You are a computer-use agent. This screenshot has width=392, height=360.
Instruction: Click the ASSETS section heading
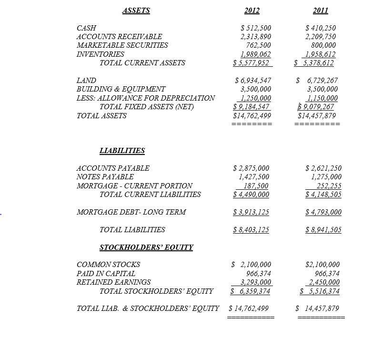[x=136, y=10]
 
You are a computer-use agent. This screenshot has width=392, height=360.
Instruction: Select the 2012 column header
[x=252, y=10]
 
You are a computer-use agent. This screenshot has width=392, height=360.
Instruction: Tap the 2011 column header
[x=320, y=10]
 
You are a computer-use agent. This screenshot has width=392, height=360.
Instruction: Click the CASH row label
[x=86, y=28]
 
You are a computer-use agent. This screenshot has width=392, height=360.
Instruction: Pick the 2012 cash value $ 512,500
[x=253, y=28]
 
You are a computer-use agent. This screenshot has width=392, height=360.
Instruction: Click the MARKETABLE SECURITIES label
[x=122, y=45]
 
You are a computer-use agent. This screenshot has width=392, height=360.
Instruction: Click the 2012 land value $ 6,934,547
[x=253, y=80]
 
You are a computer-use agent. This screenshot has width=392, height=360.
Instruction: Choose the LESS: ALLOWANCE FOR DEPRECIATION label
[x=145, y=98]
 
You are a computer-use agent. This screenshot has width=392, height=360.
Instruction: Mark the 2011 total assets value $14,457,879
[x=317, y=115]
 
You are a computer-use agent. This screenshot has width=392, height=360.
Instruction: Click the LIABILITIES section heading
[x=122, y=151]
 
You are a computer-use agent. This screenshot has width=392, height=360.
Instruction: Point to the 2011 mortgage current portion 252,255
[x=326, y=186]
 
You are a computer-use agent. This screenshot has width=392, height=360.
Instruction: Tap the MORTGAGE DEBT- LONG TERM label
[x=131, y=212]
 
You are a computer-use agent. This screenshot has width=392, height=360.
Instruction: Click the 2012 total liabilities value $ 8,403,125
[x=251, y=230]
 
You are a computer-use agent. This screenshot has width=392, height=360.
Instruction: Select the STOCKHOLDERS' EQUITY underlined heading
[x=146, y=247]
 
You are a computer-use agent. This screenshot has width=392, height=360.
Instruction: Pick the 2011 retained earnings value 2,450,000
[x=324, y=282]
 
